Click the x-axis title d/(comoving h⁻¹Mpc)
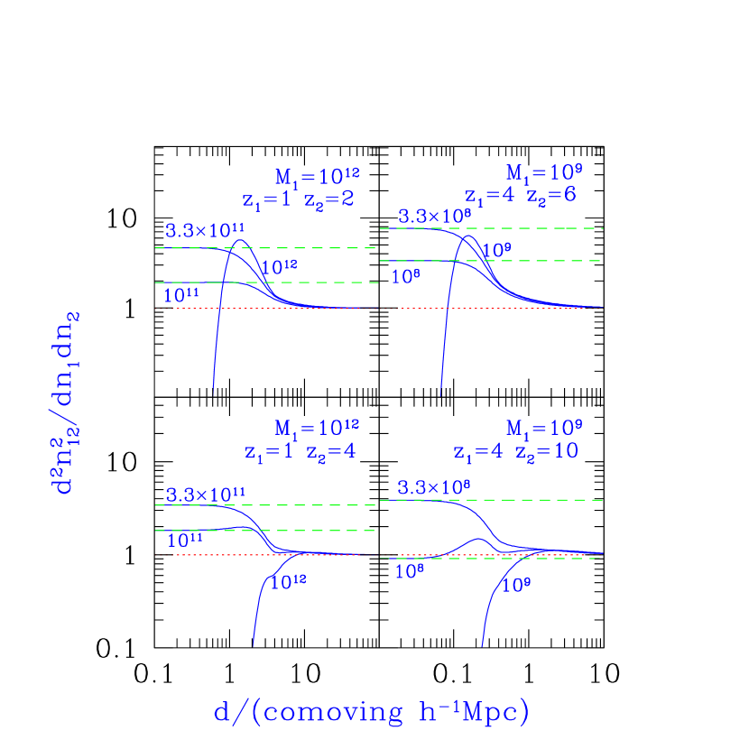(371, 712)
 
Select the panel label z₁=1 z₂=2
(298, 199)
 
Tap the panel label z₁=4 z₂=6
(521, 195)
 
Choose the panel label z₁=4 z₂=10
(516, 450)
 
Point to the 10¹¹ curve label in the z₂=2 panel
(181, 294)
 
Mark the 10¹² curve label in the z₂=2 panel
(279, 265)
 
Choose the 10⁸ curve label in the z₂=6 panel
(406, 276)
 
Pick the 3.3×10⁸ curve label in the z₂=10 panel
(434, 487)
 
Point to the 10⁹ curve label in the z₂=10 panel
(516, 585)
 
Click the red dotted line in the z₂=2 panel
(271, 309)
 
